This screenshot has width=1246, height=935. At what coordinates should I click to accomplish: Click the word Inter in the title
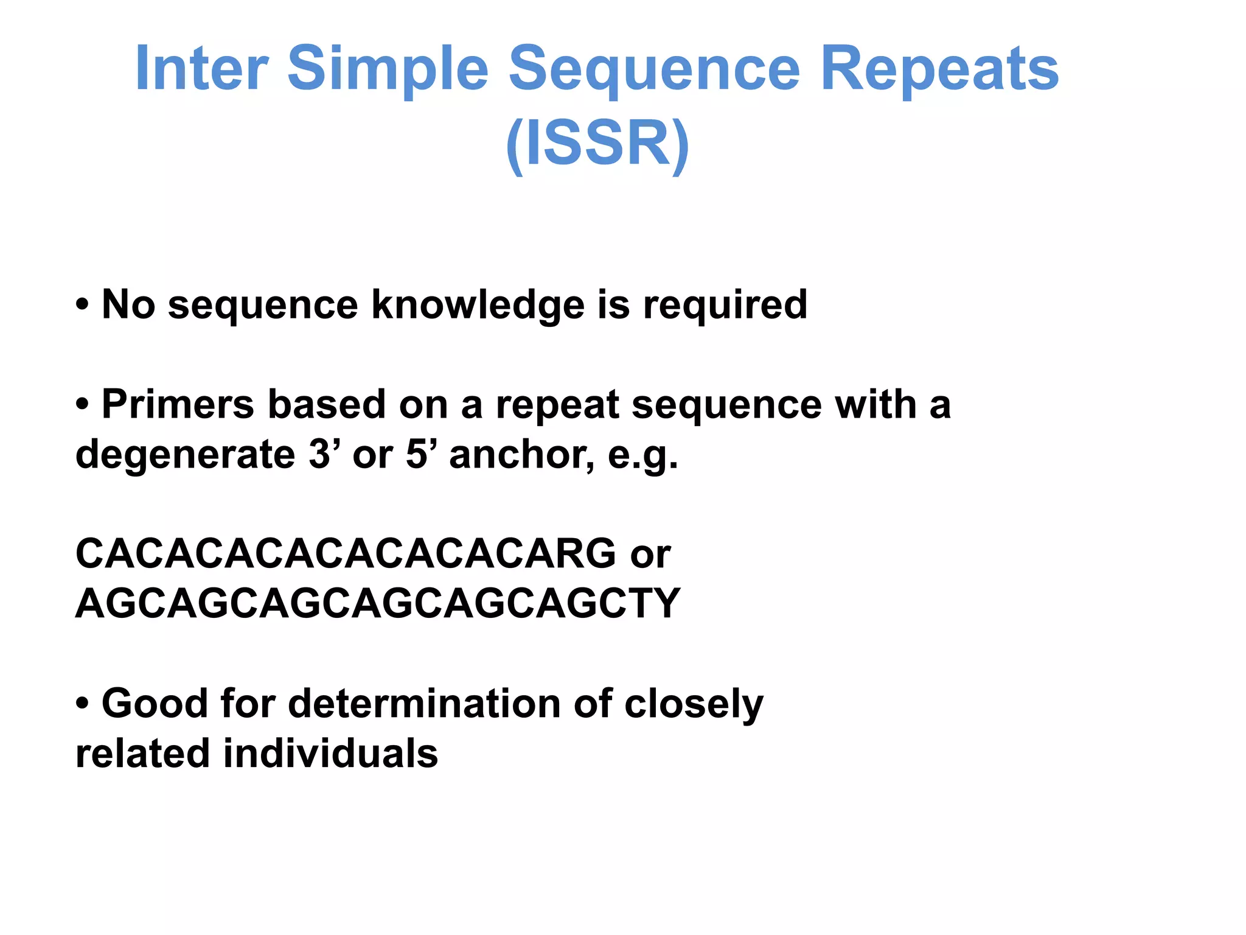click(201, 68)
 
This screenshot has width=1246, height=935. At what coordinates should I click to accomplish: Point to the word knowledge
click(478, 305)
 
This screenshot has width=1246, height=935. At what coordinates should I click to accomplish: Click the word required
click(725, 305)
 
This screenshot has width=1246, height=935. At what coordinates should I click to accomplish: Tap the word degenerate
click(185, 455)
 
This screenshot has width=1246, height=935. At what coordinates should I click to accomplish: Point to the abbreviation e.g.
click(642, 455)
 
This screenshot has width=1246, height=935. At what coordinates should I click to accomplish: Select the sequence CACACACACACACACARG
click(346, 554)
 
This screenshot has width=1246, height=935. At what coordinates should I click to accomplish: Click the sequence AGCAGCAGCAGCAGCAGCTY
click(377, 604)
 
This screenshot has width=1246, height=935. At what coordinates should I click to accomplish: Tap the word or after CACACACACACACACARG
click(650, 555)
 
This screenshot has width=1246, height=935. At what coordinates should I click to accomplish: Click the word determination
click(423, 704)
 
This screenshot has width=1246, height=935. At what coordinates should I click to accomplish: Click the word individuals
click(330, 754)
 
